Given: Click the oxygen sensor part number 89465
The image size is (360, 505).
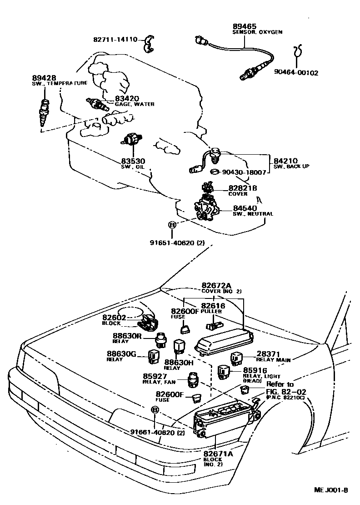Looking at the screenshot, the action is coord(245,26).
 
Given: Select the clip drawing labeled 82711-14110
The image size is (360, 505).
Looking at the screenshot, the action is coord(148,44).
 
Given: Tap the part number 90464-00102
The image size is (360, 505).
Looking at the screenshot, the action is coord(296,73).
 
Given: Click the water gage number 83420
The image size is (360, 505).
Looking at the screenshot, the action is coord(127,98).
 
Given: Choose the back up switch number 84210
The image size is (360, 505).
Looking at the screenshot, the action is coord(286,161).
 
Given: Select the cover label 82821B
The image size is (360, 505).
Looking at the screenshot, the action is coord(243,188).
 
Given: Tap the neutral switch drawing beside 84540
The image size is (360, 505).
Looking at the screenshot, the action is coord(207,209).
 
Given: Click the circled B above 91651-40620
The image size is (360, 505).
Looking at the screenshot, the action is coord(172,225).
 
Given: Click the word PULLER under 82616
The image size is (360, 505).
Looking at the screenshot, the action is coord(211,312).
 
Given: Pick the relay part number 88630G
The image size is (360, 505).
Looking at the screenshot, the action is coord(122,354).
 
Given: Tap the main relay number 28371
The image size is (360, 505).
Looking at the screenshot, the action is coord(268,354).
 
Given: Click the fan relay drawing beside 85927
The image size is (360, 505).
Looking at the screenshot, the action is coord(193,379).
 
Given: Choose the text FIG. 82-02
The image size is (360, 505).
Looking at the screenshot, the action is coord(286,392).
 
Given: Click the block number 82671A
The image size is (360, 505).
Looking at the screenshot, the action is coord(218,454).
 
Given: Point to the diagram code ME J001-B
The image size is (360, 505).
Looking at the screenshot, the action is coord(331,490).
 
